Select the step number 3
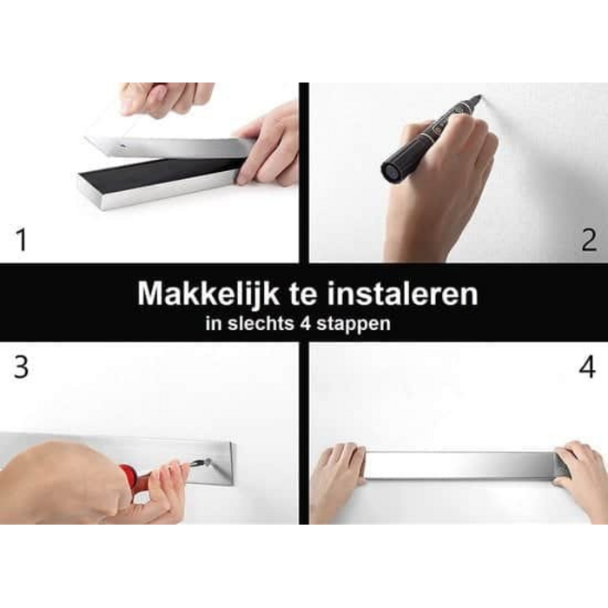coord(20,367)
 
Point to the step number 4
coord(588,367)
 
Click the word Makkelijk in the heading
coord(206,294)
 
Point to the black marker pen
coord(426,139)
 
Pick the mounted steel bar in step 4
coord(460,466)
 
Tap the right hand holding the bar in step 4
coord(584,478)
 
